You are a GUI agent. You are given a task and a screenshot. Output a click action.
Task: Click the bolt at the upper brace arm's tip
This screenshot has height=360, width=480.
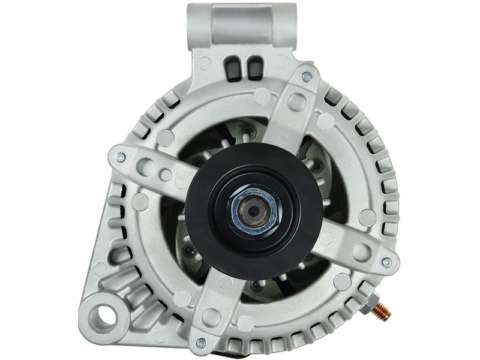click(x=307, y=76)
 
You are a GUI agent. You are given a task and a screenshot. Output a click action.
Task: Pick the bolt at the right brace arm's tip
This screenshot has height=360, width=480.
click(x=387, y=262)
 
